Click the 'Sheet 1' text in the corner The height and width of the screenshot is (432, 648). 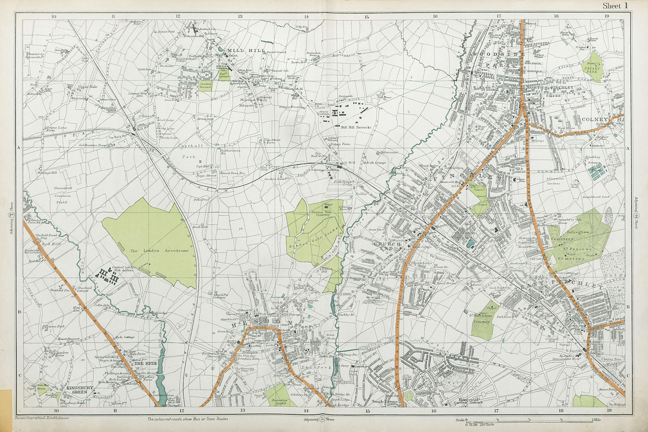point(615,6)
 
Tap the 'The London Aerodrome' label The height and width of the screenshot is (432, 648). point(160,251)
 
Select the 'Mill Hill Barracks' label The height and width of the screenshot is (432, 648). point(356,127)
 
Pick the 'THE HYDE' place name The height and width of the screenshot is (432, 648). point(145,364)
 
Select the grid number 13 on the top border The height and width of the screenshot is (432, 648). point(240,16)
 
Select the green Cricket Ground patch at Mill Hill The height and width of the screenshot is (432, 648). point(205,85)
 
